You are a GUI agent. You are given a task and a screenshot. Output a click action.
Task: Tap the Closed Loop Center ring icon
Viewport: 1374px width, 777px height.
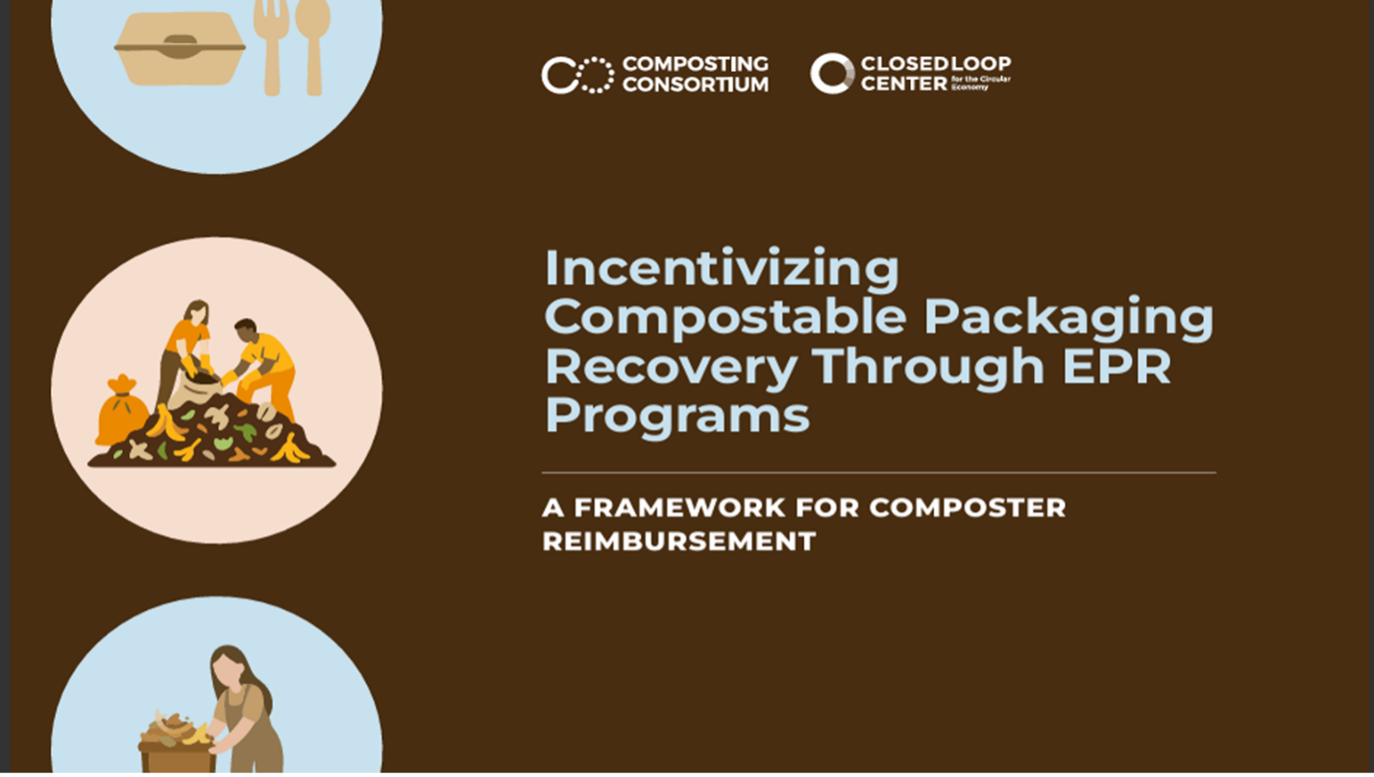point(832,74)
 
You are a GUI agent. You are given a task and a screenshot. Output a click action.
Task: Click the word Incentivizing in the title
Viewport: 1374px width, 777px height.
point(722,269)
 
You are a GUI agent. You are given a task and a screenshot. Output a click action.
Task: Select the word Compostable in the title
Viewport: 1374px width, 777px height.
point(725,317)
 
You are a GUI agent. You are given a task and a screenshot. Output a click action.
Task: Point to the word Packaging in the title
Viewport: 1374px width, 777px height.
point(1068,318)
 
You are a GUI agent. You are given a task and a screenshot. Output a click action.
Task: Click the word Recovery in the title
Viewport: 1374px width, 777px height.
point(671,367)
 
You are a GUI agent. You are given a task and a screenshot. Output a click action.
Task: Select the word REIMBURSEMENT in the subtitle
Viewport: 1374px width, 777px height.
point(679,542)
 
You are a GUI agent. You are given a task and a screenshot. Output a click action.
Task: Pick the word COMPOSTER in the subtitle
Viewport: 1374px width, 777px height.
point(968,508)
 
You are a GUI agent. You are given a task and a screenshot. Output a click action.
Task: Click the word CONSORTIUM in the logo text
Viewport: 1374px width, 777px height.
point(696,84)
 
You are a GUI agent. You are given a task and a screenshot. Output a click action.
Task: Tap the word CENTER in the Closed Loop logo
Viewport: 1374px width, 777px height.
point(904,83)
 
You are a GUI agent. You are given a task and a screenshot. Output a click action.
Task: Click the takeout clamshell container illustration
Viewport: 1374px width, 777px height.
point(180,48)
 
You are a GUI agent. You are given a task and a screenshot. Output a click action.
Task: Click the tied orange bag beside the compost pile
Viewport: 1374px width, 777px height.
point(121,410)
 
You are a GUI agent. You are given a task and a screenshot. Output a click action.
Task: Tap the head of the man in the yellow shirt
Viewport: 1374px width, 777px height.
point(246,331)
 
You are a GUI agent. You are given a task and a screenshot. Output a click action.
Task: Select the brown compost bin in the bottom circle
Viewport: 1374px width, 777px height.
point(177,758)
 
